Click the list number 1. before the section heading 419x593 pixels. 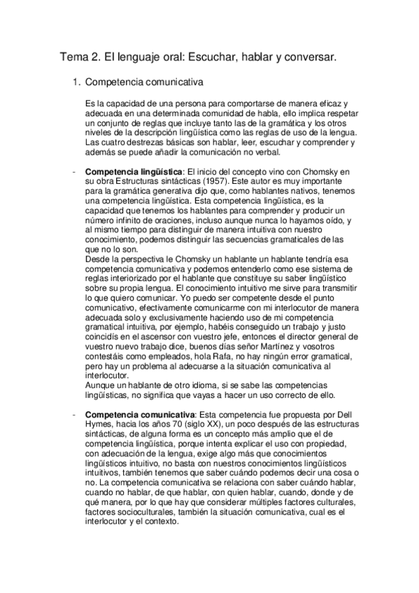tap(78, 83)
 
